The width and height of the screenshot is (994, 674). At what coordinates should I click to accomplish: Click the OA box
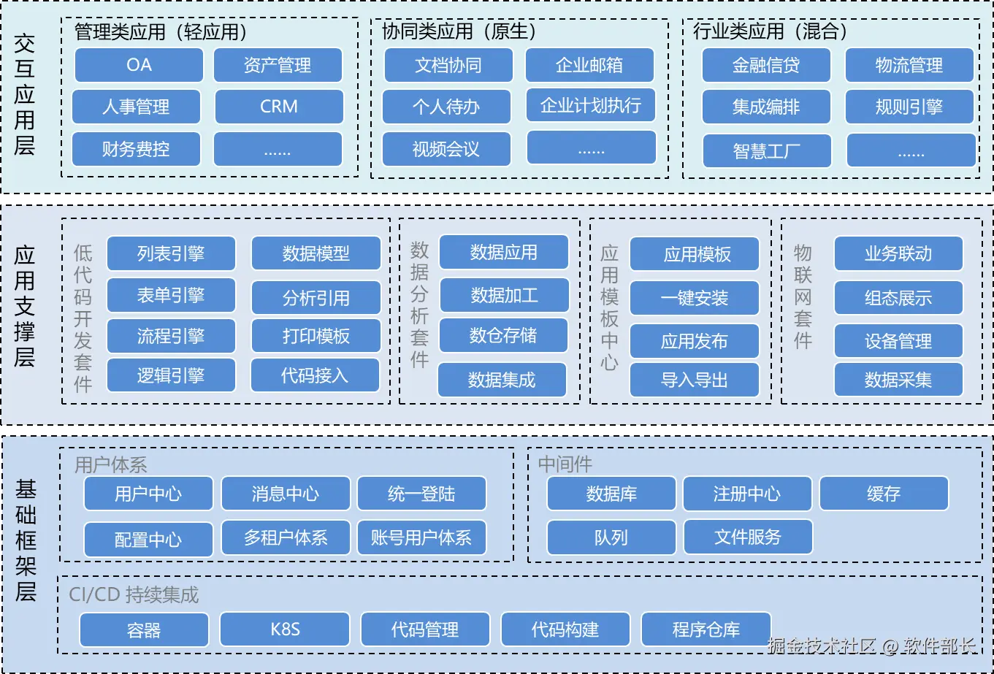coord(139,65)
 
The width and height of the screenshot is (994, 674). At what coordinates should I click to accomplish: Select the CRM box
coord(278,107)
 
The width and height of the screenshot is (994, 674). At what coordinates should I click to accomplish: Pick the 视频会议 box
coord(446,150)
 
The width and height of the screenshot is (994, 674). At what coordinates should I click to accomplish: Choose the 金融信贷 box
coord(765,65)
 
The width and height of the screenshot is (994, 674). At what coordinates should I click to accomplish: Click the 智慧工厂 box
coord(766,151)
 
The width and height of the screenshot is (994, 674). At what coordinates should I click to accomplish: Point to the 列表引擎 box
coord(171,253)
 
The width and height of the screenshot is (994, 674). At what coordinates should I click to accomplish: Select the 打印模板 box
coord(316,336)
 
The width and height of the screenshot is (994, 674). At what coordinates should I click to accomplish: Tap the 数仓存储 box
coord(503,335)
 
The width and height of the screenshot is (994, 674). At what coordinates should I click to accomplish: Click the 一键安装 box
coord(694,298)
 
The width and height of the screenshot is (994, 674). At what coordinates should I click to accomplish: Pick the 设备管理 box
coord(898,341)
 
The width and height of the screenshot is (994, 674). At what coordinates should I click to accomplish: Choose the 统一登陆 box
coord(421,494)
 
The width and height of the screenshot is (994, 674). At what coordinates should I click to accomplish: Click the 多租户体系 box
coord(286,538)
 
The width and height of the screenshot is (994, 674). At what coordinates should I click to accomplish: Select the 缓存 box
coord(884,494)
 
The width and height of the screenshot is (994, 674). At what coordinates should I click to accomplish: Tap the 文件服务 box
coord(748,537)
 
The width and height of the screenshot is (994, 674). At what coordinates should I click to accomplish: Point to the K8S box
coord(285,629)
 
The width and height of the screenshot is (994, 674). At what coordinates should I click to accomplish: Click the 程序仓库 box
coord(706,629)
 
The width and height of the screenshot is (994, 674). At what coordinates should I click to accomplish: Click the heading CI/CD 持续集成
coord(134,594)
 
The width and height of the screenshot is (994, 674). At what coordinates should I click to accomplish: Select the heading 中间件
coord(565,464)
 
